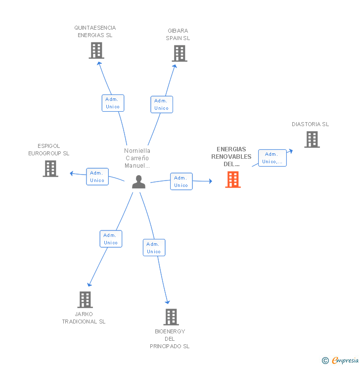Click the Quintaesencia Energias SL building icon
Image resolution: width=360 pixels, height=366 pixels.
96,50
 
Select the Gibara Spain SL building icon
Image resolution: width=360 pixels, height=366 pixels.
180,53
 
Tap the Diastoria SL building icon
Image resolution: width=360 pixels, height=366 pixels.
312,139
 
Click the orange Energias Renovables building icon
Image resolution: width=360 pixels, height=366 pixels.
233,180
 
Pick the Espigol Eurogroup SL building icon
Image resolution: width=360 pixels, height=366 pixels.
50,169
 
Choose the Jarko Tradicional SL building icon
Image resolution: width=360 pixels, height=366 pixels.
85,299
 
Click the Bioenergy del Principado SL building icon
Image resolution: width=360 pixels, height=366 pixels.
171,317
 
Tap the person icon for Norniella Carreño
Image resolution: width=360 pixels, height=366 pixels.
139,182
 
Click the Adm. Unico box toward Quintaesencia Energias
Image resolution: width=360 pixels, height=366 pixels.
113,103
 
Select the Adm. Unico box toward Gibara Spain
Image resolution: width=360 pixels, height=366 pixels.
161,104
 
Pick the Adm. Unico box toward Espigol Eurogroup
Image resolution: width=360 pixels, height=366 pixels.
97,177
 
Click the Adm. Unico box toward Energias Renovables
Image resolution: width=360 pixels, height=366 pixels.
181,182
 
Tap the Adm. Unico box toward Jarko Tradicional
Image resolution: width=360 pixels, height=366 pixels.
111,239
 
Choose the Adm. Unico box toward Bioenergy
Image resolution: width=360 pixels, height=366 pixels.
154,248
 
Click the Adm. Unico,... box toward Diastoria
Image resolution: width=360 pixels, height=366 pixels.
272,158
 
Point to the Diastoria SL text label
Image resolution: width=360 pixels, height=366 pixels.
310,124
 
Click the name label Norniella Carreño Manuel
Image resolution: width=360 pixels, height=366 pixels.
137,158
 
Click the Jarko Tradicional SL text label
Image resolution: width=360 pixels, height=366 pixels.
84,318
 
